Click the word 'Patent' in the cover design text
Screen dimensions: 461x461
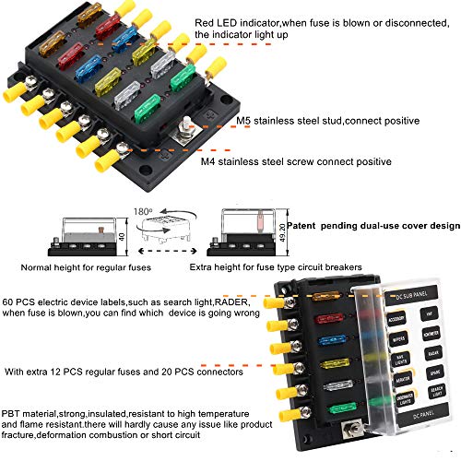point(303,224)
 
